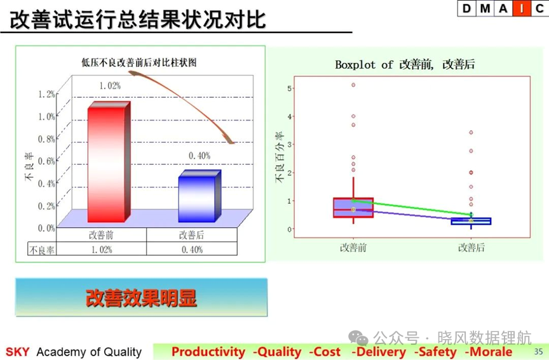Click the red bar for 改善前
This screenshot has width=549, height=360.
(x=109, y=162)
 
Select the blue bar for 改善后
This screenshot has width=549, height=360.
(x=200, y=196)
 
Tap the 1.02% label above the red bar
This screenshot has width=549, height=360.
(x=110, y=86)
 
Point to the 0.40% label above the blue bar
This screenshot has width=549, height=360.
(x=200, y=156)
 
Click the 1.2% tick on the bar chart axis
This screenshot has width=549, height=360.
(x=46, y=94)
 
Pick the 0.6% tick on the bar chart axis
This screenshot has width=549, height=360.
(x=46, y=161)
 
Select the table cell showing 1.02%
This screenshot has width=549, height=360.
(x=102, y=250)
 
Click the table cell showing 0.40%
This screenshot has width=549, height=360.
(x=192, y=250)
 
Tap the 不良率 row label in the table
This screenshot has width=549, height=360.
(x=42, y=250)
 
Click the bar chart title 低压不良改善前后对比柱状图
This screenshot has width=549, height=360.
(x=139, y=63)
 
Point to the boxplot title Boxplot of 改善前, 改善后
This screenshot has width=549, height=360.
(x=405, y=65)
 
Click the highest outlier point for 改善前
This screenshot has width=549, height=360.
(x=353, y=84)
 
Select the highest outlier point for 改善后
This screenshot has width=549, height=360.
(x=471, y=132)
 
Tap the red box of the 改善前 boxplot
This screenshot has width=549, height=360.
(x=353, y=208)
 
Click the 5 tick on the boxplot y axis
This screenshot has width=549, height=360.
(x=290, y=88)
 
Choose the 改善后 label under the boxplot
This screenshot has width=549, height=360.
(x=471, y=248)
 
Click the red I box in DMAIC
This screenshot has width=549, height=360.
(x=521, y=8)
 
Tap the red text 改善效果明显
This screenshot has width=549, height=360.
(x=141, y=298)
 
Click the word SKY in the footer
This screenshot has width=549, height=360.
(x=18, y=352)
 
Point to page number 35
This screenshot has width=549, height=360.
(x=538, y=351)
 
